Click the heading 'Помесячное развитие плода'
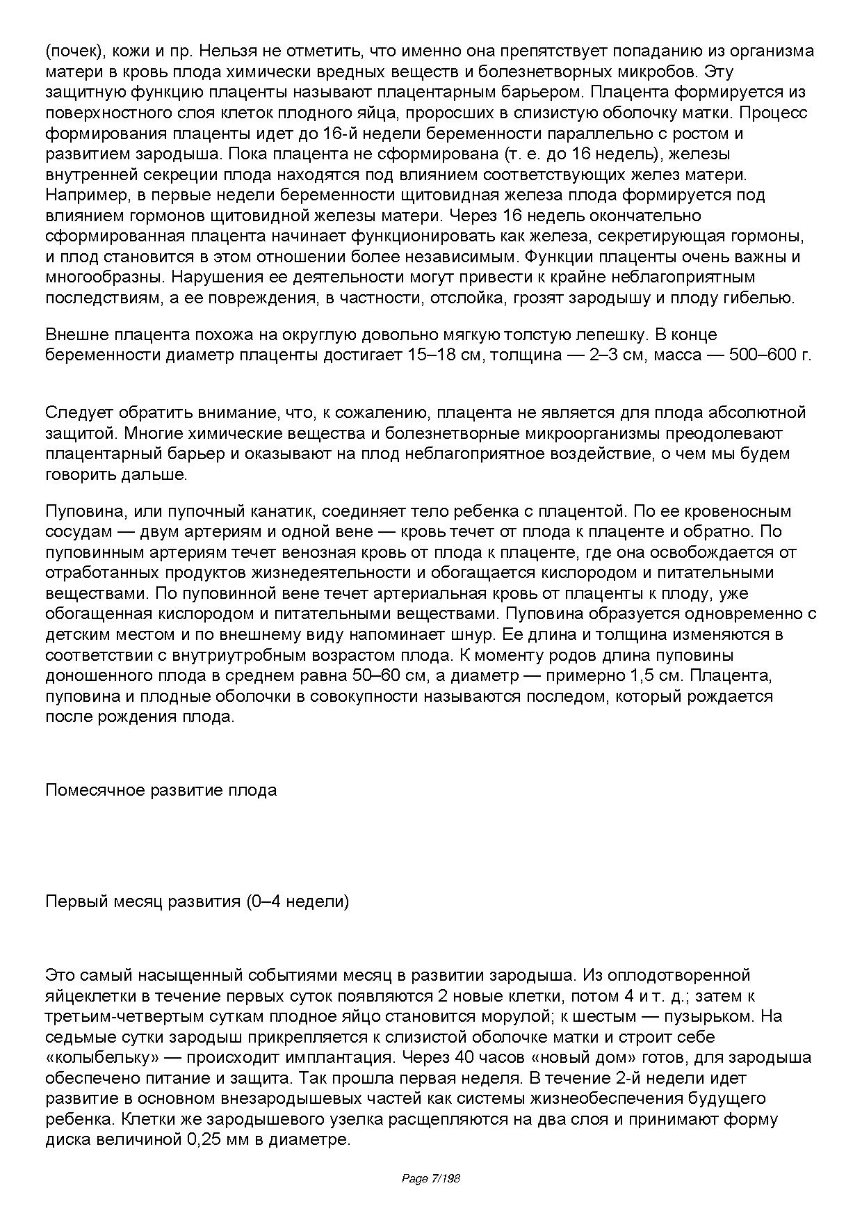(x=161, y=790)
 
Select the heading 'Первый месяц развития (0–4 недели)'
(x=197, y=901)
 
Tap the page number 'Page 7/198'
(x=431, y=1178)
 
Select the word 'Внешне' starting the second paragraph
(x=72, y=335)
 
